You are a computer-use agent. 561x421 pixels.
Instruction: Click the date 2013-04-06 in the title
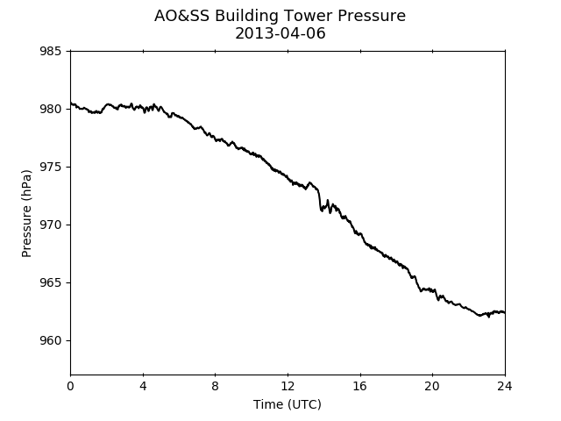tap(280, 33)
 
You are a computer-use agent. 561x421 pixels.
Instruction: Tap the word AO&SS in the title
tap(181, 16)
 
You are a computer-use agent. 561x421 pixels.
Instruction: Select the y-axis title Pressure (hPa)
tap(26, 213)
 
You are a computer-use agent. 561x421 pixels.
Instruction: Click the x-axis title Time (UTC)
tap(288, 404)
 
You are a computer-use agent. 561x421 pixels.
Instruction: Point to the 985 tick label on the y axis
tap(50, 51)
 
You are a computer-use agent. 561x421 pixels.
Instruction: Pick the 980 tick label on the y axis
tap(50, 109)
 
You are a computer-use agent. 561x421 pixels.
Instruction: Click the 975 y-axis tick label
tap(50, 167)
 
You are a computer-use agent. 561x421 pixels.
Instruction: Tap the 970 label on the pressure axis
tap(50, 225)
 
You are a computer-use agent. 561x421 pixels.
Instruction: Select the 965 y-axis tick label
tap(50, 282)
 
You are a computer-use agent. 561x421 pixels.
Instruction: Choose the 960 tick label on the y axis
tap(50, 340)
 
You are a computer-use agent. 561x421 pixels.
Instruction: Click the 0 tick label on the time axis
tap(70, 386)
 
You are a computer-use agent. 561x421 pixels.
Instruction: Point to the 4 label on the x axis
tap(143, 386)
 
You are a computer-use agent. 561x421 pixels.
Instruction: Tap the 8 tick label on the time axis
tap(215, 386)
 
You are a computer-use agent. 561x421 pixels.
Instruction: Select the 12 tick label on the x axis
tap(288, 386)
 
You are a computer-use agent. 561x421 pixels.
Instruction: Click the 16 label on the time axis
tap(360, 386)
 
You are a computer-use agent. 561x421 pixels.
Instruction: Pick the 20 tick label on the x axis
tap(432, 386)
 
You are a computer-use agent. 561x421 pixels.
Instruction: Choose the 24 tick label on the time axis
tap(505, 386)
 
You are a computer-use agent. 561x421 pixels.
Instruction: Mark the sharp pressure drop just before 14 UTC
tap(319, 200)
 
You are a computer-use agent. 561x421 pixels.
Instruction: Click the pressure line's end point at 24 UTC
tap(505, 313)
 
